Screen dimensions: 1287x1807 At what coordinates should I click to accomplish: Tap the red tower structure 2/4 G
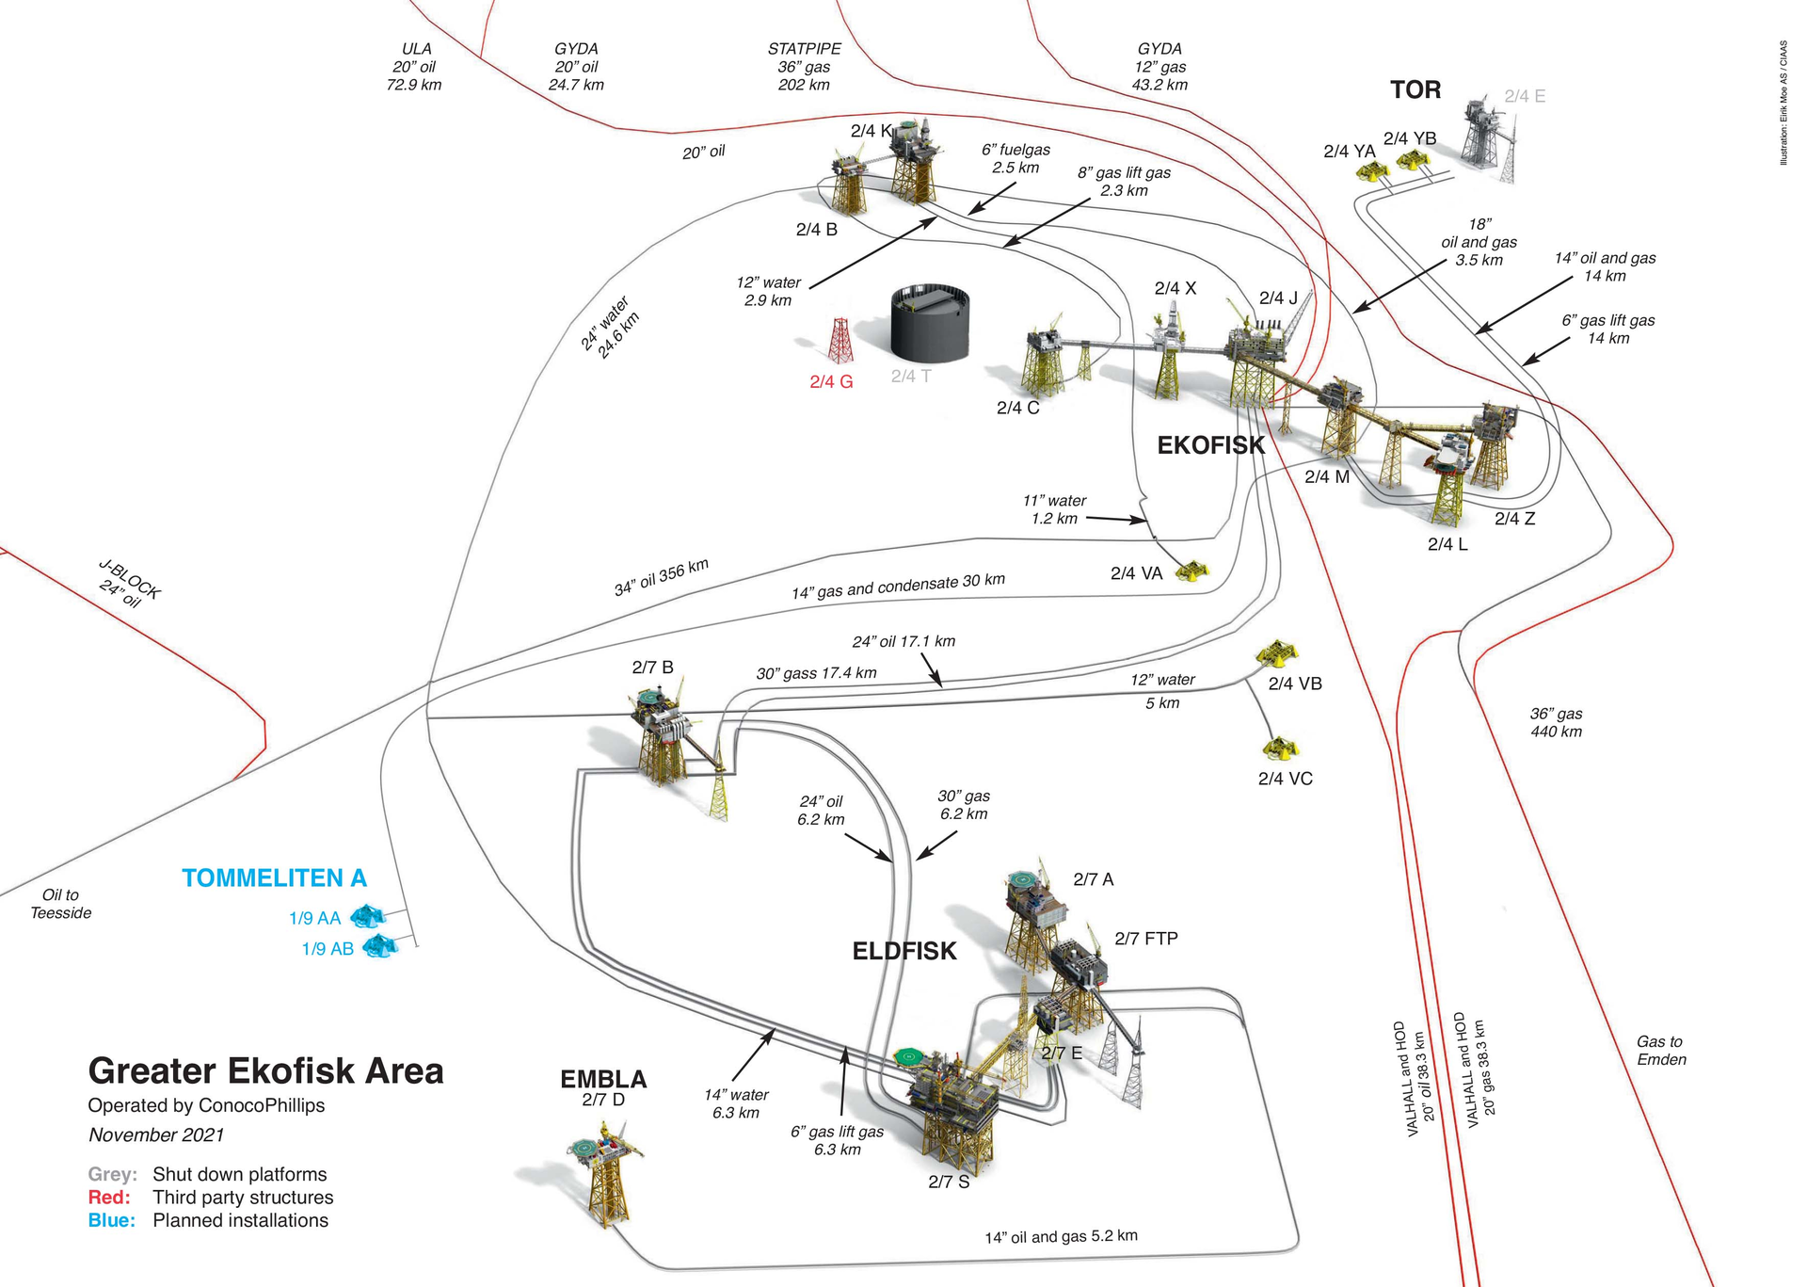point(840,341)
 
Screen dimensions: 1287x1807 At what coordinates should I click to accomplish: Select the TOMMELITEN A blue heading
point(274,878)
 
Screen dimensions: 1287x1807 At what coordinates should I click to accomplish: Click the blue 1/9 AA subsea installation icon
point(367,916)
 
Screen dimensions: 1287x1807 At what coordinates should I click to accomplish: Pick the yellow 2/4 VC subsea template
point(1281,749)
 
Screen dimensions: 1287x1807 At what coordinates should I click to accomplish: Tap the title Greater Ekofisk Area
point(265,1071)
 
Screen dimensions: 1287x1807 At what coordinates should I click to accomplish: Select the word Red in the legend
point(108,1198)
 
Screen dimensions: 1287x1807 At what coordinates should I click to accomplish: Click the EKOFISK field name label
point(1210,445)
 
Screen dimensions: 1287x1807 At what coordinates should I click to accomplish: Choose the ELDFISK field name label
point(903,951)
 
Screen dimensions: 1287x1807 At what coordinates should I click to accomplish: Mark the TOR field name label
point(1415,90)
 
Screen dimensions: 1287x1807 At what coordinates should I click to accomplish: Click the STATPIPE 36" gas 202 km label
point(804,67)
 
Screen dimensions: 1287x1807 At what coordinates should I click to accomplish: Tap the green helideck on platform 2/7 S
point(907,1055)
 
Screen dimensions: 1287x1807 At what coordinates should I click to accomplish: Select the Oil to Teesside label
point(60,904)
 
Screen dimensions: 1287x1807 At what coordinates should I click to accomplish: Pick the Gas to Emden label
point(1661,1051)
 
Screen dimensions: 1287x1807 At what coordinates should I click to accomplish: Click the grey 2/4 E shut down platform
point(1487,137)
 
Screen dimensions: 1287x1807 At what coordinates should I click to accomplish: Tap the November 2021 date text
point(156,1135)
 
